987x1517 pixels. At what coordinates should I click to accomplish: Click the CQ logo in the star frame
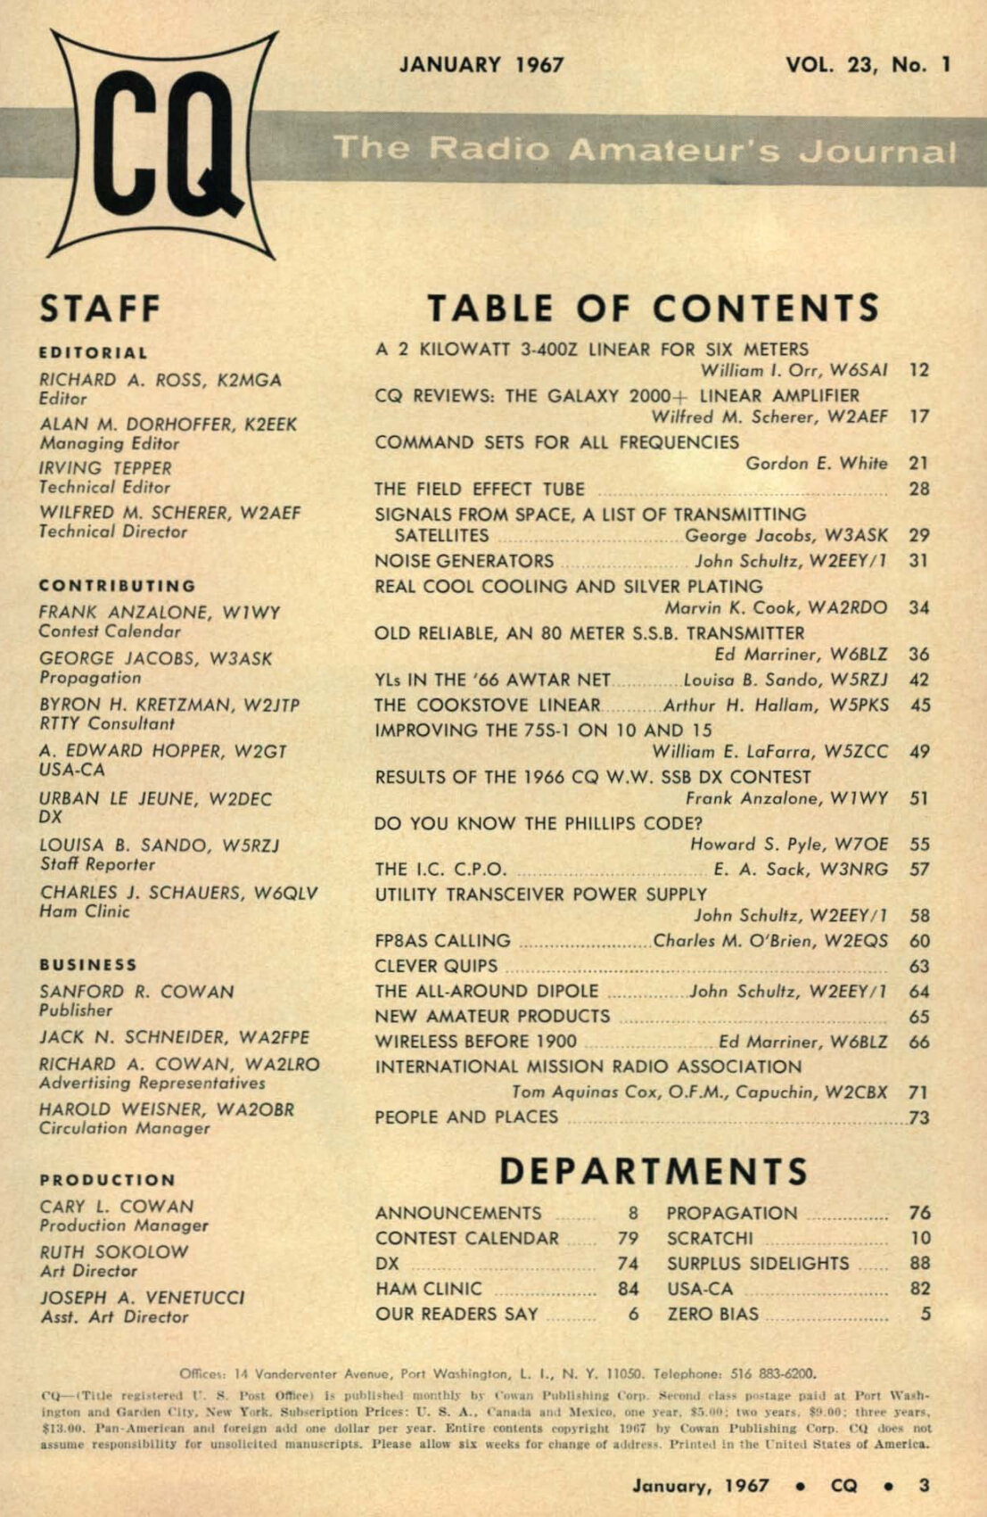(163, 145)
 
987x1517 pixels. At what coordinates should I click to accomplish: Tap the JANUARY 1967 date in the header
(481, 65)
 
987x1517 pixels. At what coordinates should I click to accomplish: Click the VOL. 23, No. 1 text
(868, 65)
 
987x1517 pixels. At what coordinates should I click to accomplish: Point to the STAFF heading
(100, 309)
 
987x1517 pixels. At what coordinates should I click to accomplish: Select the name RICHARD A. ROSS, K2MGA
(160, 380)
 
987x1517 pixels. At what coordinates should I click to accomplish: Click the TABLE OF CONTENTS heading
(654, 309)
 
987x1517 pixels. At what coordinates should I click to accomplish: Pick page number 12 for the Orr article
(919, 370)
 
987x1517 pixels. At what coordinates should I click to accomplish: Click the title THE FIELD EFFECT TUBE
(480, 489)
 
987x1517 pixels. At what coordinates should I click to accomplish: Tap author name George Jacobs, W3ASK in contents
(786, 535)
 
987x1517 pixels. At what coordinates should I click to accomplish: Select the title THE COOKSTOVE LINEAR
(488, 705)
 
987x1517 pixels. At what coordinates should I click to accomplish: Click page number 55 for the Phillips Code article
(919, 844)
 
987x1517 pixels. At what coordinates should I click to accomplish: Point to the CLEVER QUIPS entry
(436, 966)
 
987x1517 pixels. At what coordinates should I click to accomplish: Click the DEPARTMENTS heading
(654, 1171)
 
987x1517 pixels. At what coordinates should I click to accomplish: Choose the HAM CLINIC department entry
(429, 1289)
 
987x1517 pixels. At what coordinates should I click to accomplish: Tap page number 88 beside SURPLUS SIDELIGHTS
(920, 1264)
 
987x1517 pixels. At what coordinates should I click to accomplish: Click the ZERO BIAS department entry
(713, 1314)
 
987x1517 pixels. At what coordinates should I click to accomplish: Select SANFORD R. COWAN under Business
(136, 992)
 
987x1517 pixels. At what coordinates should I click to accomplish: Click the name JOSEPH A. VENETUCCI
(143, 1298)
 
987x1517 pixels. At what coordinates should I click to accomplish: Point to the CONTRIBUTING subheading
(117, 586)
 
